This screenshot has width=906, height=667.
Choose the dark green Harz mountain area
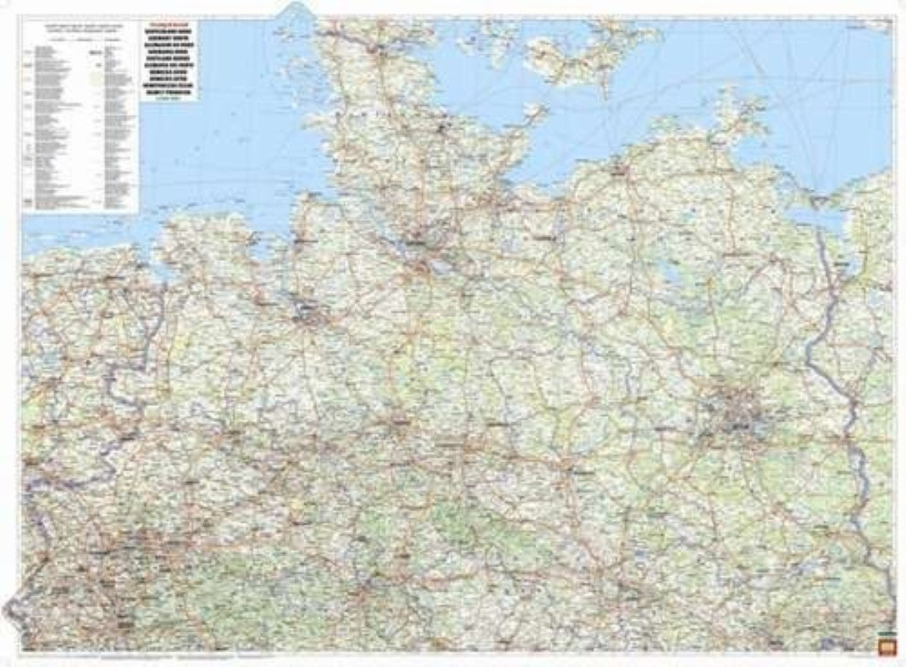click(x=450, y=521)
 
